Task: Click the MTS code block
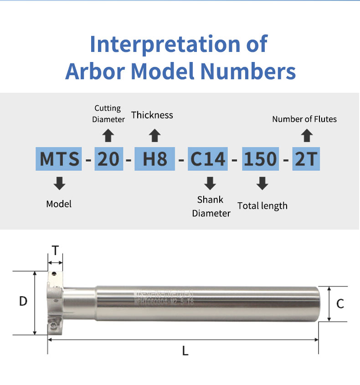tap(59, 159)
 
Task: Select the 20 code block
tap(109, 159)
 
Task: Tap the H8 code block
tap(155, 159)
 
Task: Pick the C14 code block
tap(208, 159)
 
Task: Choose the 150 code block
tap(260, 159)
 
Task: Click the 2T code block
tap(306, 159)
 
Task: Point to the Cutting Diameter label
tap(108, 114)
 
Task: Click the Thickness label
tap(152, 115)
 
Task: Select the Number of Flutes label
tap(304, 119)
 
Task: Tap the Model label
tap(59, 204)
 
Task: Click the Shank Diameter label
tap(211, 206)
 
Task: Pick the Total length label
tap(262, 206)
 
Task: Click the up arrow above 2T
tap(307, 135)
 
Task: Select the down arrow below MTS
tap(59, 184)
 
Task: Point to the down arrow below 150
tap(262, 184)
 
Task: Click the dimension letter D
tap(23, 301)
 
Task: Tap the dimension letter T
tap(55, 250)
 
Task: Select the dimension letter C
tap(340, 304)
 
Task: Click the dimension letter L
tap(185, 351)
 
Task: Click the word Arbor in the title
tap(96, 71)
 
